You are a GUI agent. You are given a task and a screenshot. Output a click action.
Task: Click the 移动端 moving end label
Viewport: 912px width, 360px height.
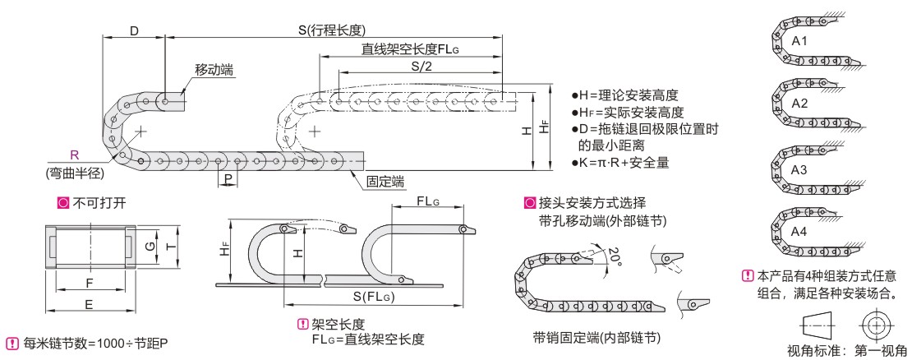click(x=212, y=71)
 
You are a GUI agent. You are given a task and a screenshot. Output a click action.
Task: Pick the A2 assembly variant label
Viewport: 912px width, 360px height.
click(x=800, y=104)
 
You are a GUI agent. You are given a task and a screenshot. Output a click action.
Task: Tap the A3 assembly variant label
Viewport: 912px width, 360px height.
click(x=800, y=167)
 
